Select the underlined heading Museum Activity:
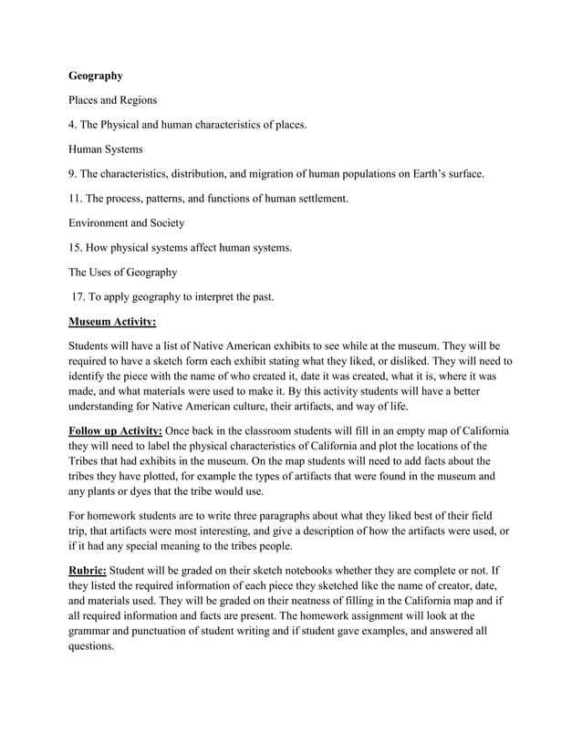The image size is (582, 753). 112,321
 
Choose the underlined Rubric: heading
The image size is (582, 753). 88,571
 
